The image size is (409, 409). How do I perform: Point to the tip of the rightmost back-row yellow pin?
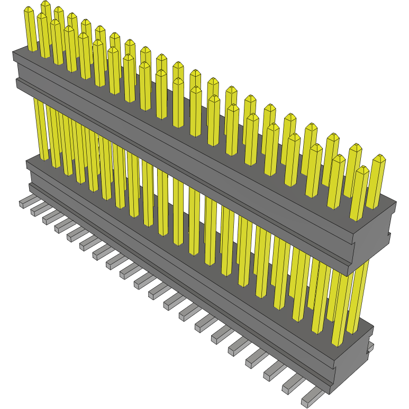[379, 158]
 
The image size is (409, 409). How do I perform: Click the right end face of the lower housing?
[351, 365]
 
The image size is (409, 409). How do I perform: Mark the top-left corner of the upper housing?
[13, 52]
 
